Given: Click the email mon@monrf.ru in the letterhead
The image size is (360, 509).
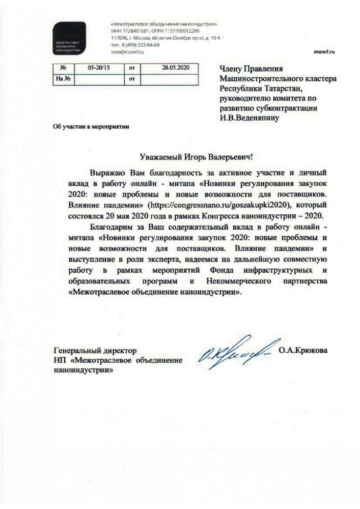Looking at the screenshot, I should tap(124, 51).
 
